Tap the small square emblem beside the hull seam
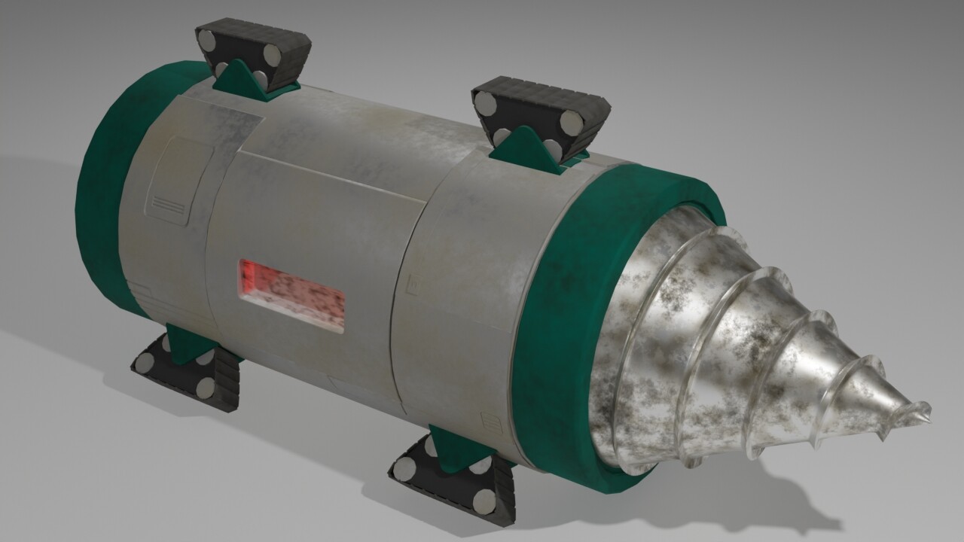412,284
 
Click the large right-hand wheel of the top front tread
571,122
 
